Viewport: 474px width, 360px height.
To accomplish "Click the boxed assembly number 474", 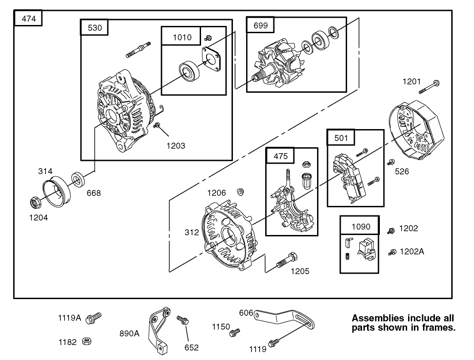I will point(28,19).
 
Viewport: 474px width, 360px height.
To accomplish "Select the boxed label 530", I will point(94,28).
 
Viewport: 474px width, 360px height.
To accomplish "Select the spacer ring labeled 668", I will point(78,180).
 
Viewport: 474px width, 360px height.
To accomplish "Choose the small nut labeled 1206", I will point(240,191).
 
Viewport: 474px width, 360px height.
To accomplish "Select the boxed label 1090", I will point(361,226).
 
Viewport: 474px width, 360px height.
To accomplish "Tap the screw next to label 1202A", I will point(391,252).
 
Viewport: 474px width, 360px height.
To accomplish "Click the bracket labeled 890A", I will point(157,330).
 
